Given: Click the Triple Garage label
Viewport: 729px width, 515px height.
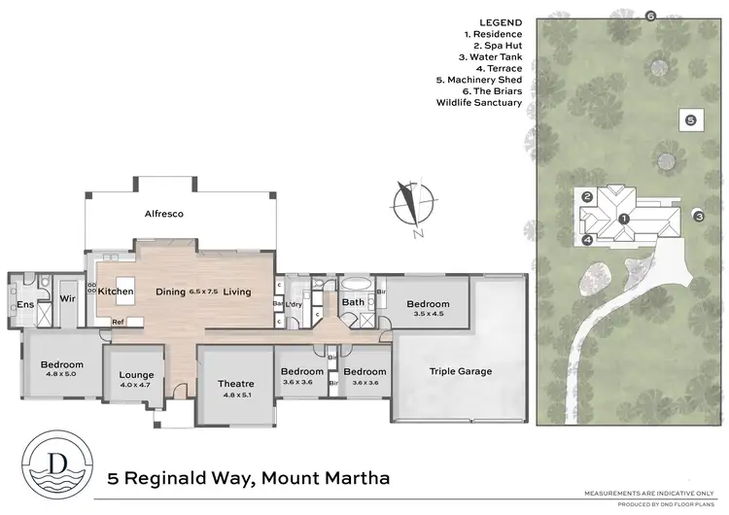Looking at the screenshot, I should coord(461,371).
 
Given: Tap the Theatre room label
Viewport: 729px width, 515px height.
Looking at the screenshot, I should coord(236,384).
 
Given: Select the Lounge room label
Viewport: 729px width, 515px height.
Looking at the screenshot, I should coord(136,375).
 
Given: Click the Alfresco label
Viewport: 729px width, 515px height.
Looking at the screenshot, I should coord(165,213).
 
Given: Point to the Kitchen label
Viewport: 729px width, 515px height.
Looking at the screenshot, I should coord(116,292).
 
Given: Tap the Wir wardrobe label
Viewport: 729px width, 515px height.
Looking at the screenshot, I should coord(68,299).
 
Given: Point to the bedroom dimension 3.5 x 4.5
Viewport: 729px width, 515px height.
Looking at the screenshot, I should coord(428,313).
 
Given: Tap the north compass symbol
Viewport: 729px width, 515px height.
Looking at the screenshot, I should coord(409,208).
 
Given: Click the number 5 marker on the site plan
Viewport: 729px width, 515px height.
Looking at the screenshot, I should coord(690,120).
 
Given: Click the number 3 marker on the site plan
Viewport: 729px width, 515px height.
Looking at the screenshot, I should coord(698,216).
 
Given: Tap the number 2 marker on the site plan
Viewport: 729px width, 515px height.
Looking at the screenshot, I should coord(588,196).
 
